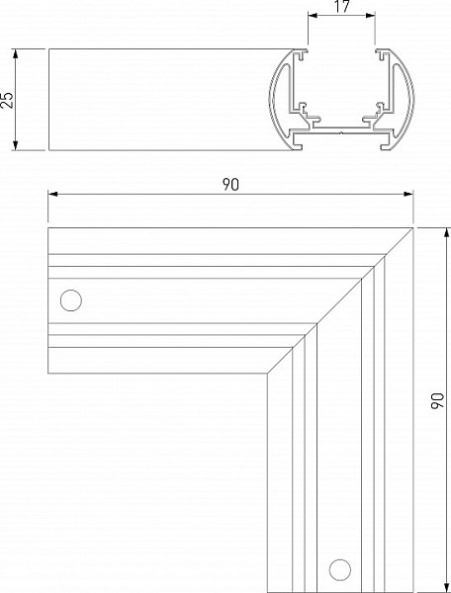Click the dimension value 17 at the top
click(342, 7)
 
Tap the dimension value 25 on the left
click(7, 100)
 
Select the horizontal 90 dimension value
click(230, 185)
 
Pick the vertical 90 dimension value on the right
click(437, 400)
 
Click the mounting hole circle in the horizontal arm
click(71, 300)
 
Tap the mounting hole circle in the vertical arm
click(339, 570)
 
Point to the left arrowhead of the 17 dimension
click(313, 15)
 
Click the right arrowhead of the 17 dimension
click(371, 15)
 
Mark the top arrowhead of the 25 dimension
click(16, 53)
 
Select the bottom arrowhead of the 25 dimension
click(16, 145)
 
